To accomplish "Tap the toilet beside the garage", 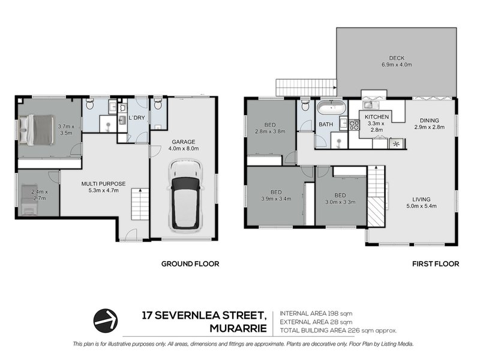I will tap(158, 106).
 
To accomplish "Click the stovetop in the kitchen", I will tap(354, 125).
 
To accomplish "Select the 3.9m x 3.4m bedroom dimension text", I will tap(276, 200).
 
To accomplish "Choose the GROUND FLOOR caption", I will tap(190, 263).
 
